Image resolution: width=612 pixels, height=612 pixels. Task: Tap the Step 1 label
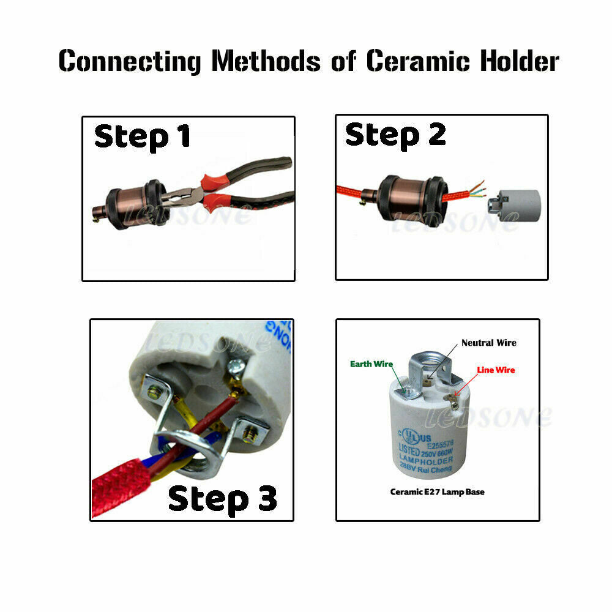pyautogui.click(x=142, y=136)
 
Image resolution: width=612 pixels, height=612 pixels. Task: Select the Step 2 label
pyautogui.click(x=395, y=135)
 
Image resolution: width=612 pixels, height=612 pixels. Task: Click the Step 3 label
pyautogui.click(x=222, y=499)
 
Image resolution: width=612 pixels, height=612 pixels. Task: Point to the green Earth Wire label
pyautogui.click(x=371, y=364)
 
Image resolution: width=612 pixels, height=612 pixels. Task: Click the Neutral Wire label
pyautogui.click(x=488, y=343)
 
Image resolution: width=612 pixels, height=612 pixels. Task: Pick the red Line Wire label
pyautogui.click(x=496, y=370)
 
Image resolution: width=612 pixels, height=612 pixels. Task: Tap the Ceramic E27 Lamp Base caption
pyautogui.click(x=437, y=492)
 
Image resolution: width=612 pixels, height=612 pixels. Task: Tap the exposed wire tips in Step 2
pyautogui.click(x=475, y=187)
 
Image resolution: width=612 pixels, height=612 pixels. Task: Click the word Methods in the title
pyautogui.click(x=266, y=61)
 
